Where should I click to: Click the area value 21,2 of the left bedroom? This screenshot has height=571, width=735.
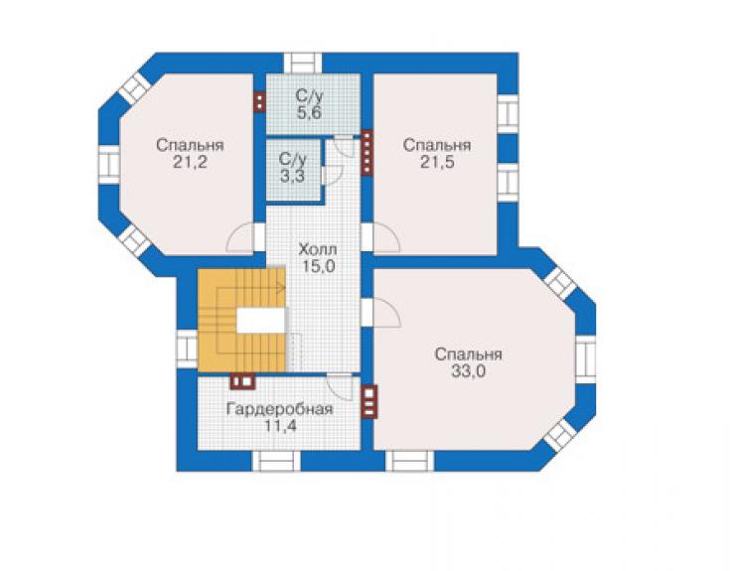[x=191, y=163]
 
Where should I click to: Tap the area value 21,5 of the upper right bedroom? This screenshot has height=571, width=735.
[x=437, y=163]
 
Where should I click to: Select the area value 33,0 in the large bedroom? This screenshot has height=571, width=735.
[x=468, y=371]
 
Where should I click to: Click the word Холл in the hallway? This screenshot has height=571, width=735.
[x=318, y=249]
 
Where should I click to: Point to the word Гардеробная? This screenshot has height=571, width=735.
[x=280, y=409]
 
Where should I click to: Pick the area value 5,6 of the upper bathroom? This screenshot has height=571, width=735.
[x=309, y=112]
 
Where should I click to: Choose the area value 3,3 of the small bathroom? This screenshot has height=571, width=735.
[x=292, y=176]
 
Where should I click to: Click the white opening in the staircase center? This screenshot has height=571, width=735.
[x=261, y=321]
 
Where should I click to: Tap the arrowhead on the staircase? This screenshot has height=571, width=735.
[x=281, y=287]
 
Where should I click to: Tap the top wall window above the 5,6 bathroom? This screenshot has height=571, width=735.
[x=303, y=64]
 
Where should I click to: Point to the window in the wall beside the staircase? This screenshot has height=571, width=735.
[x=187, y=349]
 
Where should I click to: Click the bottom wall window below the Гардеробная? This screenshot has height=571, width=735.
[x=276, y=462]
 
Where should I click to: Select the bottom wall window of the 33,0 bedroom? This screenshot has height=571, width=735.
[x=410, y=462]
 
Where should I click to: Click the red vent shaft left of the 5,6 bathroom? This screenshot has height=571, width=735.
[x=259, y=101]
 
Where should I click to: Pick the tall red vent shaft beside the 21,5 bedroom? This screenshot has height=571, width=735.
[x=367, y=152]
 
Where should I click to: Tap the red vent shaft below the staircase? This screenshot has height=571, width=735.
[x=242, y=381]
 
